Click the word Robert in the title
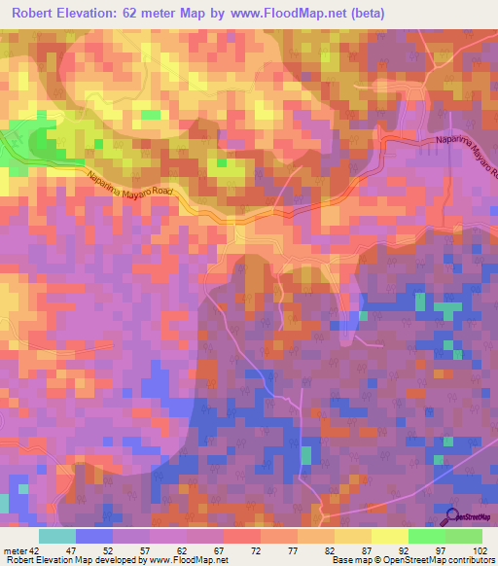point(42,14)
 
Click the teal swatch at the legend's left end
point(57,535)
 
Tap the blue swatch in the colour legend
point(94,535)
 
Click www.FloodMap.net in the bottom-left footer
point(185,560)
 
